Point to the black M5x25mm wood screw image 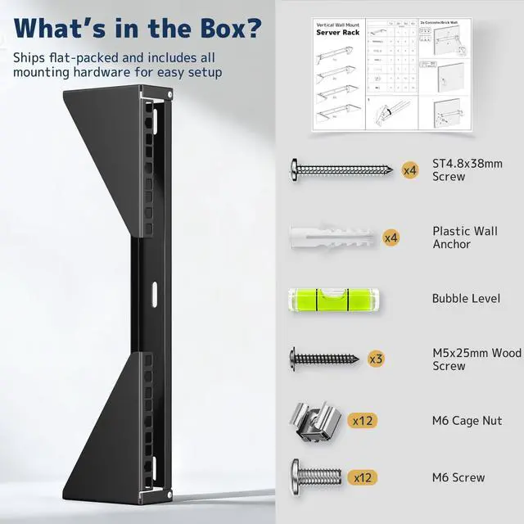pos(323,358)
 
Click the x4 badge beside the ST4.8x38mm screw pos(410,170)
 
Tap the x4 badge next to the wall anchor pos(391,237)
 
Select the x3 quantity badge pos(376,359)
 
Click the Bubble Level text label pos(466,298)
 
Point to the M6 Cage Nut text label pos(467,421)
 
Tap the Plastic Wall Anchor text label pos(463,237)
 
